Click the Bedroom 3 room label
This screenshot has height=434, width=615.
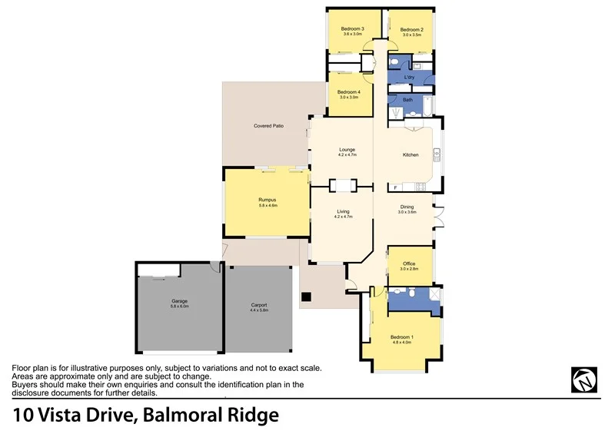[353, 29]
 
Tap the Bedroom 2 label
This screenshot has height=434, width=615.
[412, 30]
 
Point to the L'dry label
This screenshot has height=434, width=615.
[410, 78]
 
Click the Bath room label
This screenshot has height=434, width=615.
[408, 100]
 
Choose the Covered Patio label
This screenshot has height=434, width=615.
[269, 125]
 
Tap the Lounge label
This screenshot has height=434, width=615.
[347, 150]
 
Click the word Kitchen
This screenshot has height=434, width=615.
[411, 155]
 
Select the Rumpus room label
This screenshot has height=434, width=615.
[267, 200]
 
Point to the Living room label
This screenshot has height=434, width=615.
[343, 212]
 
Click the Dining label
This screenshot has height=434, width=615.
[407, 207]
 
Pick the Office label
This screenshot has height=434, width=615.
[409, 264]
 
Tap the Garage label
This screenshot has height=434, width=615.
[179, 300]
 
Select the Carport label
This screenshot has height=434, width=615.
[259, 305]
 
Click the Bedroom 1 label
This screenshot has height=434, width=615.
[401, 338]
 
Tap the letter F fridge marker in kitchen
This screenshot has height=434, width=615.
[394, 187]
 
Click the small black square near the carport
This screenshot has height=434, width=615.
[306, 297]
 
